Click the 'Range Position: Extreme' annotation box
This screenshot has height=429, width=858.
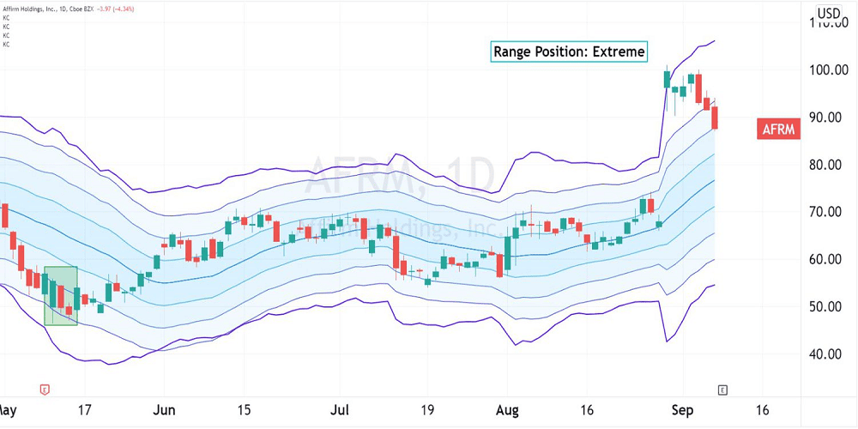pos(569,51)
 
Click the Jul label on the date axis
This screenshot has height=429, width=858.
pos(340,409)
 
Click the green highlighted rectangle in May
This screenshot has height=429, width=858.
pos(61,295)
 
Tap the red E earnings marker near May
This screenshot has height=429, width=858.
pos(44,390)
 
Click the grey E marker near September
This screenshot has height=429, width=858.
pos(722,390)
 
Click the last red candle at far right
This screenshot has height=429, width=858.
pos(716,118)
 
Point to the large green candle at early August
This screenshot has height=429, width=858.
pos(508,252)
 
